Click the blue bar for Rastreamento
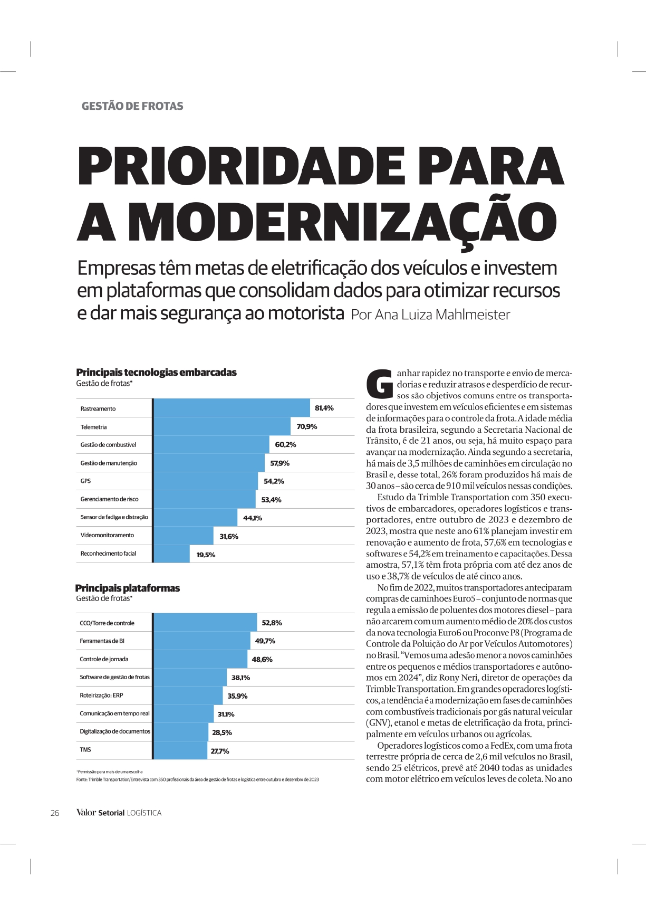[x=232, y=408]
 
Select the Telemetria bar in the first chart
[x=222, y=426]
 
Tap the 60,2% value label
[x=285, y=445]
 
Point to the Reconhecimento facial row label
[x=108, y=554]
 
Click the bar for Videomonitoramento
[x=184, y=536]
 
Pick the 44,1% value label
[x=253, y=518]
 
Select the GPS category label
[x=85, y=481]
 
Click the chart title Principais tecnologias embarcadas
[x=156, y=372]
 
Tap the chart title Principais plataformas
[x=127, y=588]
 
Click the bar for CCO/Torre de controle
[x=205, y=622]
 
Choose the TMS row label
[x=85, y=749]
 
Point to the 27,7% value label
[x=220, y=751]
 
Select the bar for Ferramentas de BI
[x=202, y=641]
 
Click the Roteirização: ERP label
[x=101, y=695]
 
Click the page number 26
[x=55, y=813]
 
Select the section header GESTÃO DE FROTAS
[x=132, y=106]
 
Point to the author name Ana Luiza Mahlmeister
[x=442, y=315]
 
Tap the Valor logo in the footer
[x=86, y=813]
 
